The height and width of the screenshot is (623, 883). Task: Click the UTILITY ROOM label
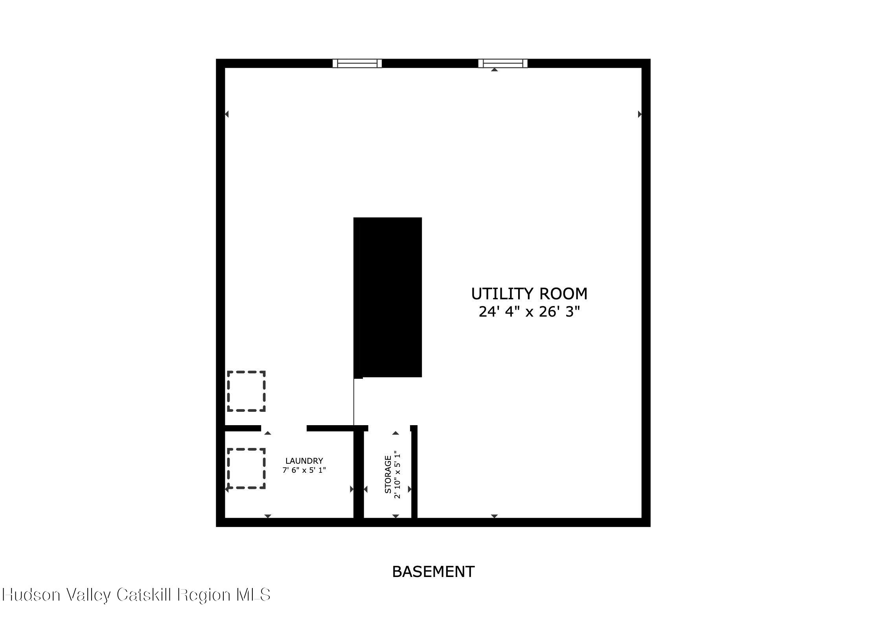point(529,294)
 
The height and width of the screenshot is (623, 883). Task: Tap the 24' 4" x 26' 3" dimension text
point(529,312)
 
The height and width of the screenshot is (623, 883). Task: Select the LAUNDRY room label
point(304,461)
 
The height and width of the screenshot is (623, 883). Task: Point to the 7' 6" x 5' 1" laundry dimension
point(304,470)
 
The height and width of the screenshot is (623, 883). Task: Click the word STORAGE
point(388,474)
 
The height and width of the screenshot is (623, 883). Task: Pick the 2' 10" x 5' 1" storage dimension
point(397,475)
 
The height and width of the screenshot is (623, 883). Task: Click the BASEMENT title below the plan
point(433,571)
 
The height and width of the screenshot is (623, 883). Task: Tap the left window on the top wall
point(357,63)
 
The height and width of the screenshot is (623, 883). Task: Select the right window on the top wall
point(503,63)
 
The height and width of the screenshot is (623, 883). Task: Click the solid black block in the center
point(388,297)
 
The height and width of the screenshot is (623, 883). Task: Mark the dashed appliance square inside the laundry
point(247,468)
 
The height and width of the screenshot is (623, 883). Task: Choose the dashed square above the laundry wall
point(247,391)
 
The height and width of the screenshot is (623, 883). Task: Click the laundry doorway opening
point(284,428)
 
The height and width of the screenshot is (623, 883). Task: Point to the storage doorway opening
point(389,428)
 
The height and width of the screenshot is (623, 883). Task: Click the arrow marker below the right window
point(495,70)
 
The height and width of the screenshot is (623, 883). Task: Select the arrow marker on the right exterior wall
point(640,114)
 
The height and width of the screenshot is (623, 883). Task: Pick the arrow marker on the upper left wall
point(226,114)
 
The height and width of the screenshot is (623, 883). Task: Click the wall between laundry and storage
point(359,474)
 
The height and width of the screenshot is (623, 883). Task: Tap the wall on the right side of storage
point(414,472)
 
